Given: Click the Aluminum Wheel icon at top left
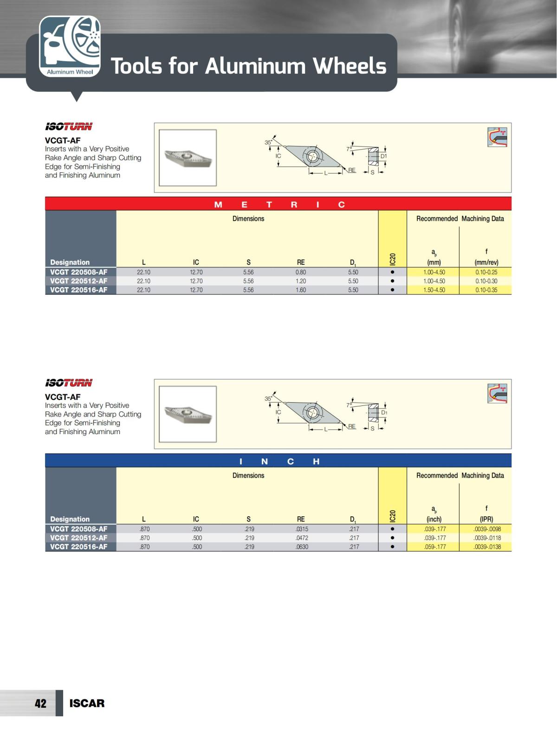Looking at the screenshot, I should (70, 46).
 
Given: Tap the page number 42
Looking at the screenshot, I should (40, 703).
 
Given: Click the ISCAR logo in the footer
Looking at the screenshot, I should (87, 703).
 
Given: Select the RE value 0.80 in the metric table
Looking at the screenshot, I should (301, 272).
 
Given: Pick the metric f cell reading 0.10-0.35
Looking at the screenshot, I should (486, 290).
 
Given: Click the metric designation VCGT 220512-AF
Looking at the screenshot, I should (79, 281).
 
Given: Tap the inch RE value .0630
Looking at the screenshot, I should (302, 547).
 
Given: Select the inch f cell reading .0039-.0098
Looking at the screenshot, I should (487, 529).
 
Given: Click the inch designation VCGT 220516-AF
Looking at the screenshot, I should (79, 547).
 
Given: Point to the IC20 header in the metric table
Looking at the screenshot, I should (393, 260).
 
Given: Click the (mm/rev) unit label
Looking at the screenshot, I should (486, 262).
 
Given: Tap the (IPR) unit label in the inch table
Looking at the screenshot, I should (486, 519).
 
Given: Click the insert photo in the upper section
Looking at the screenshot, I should (188, 158).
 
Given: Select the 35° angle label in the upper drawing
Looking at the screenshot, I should (268, 142).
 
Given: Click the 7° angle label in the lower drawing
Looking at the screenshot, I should (349, 405).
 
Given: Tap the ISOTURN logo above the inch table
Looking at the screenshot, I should (69, 383).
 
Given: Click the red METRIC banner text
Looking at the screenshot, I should (278, 205).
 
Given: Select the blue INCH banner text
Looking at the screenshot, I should (278, 461).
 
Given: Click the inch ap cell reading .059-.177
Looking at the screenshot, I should (434, 547).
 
